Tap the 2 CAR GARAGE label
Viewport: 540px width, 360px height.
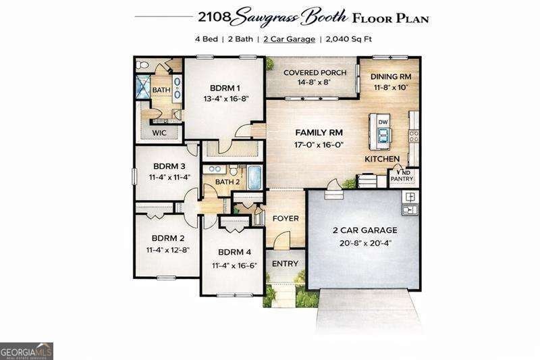click(x=364, y=230)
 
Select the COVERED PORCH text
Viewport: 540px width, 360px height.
click(x=315, y=72)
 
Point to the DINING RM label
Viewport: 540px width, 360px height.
click(x=391, y=76)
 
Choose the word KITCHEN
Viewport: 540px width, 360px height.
click(x=383, y=159)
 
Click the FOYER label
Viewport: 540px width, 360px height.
click(x=286, y=218)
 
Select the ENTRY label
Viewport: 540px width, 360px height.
click(x=285, y=263)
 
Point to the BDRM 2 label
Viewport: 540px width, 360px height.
click(x=168, y=238)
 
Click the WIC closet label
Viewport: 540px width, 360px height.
click(x=160, y=132)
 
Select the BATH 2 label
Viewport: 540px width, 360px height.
click(x=227, y=182)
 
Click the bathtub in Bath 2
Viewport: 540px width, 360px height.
click(x=254, y=177)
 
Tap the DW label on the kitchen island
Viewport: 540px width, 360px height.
click(x=383, y=122)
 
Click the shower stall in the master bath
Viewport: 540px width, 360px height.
click(x=144, y=87)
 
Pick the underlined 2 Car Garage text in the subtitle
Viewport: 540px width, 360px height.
click(x=289, y=39)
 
